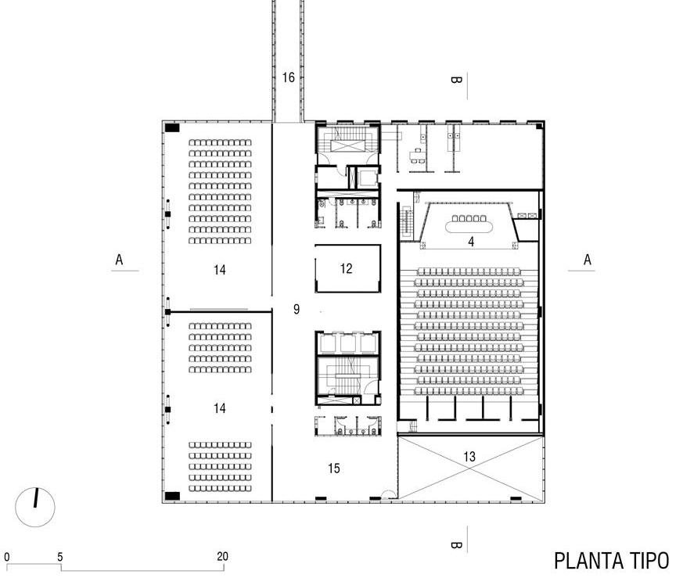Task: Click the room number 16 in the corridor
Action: point(289,77)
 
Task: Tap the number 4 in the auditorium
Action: point(471,242)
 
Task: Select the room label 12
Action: point(347,268)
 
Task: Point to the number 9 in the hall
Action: point(297,310)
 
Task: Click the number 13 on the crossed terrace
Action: point(469,456)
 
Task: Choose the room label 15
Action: point(334,469)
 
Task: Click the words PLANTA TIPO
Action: point(611,561)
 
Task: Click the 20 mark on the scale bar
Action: point(223,557)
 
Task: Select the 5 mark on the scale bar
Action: point(60,557)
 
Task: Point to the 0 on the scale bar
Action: point(7,557)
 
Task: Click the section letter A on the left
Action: point(120,260)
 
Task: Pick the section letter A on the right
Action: point(588,260)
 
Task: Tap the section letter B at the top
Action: point(456,80)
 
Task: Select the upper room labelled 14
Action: point(219,270)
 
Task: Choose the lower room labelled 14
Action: point(219,408)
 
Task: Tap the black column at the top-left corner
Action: point(172,127)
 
